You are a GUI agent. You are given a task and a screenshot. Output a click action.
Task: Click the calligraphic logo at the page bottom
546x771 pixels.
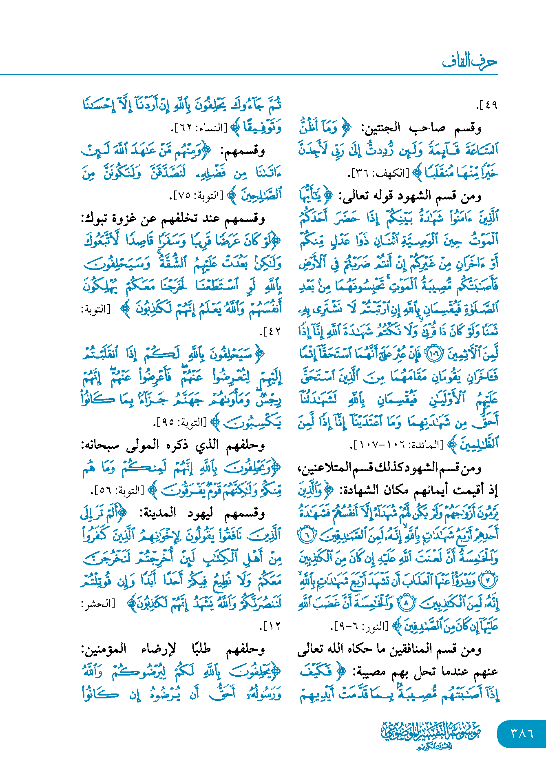(431, 734)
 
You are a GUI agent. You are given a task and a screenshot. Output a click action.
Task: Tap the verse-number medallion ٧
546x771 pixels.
(488, 580)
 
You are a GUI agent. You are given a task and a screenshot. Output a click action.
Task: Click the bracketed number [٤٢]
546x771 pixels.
(270, 332)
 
